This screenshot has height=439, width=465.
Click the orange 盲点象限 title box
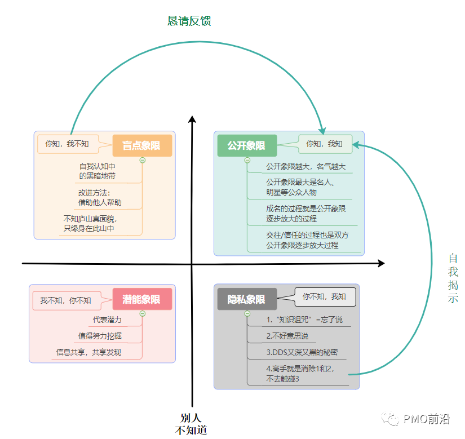[x=142, y=145]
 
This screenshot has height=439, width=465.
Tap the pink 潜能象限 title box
[x=142, y=299]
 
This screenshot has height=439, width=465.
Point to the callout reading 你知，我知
[x=325, y=144]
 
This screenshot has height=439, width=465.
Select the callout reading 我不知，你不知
[x=65, y=300]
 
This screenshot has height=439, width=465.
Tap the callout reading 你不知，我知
[x=325, y=296]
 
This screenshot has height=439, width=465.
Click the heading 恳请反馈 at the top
[x=189, y=21]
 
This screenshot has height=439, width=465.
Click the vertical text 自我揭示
[x=453, y=278]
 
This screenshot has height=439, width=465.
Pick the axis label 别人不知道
[x=191, y=424]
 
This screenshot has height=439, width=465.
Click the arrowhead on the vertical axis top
[x=192, y=119]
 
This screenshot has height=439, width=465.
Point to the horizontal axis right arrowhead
[x=381, y=263]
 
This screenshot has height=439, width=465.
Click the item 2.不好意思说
[x=287, y=336]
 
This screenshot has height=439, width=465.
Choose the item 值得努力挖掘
[x=100, y=336]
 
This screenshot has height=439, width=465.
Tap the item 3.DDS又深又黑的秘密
[x=302, y=352]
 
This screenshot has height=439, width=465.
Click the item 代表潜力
[x=107, y=320]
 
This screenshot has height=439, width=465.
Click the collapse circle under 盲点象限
[x=143, y=160]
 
